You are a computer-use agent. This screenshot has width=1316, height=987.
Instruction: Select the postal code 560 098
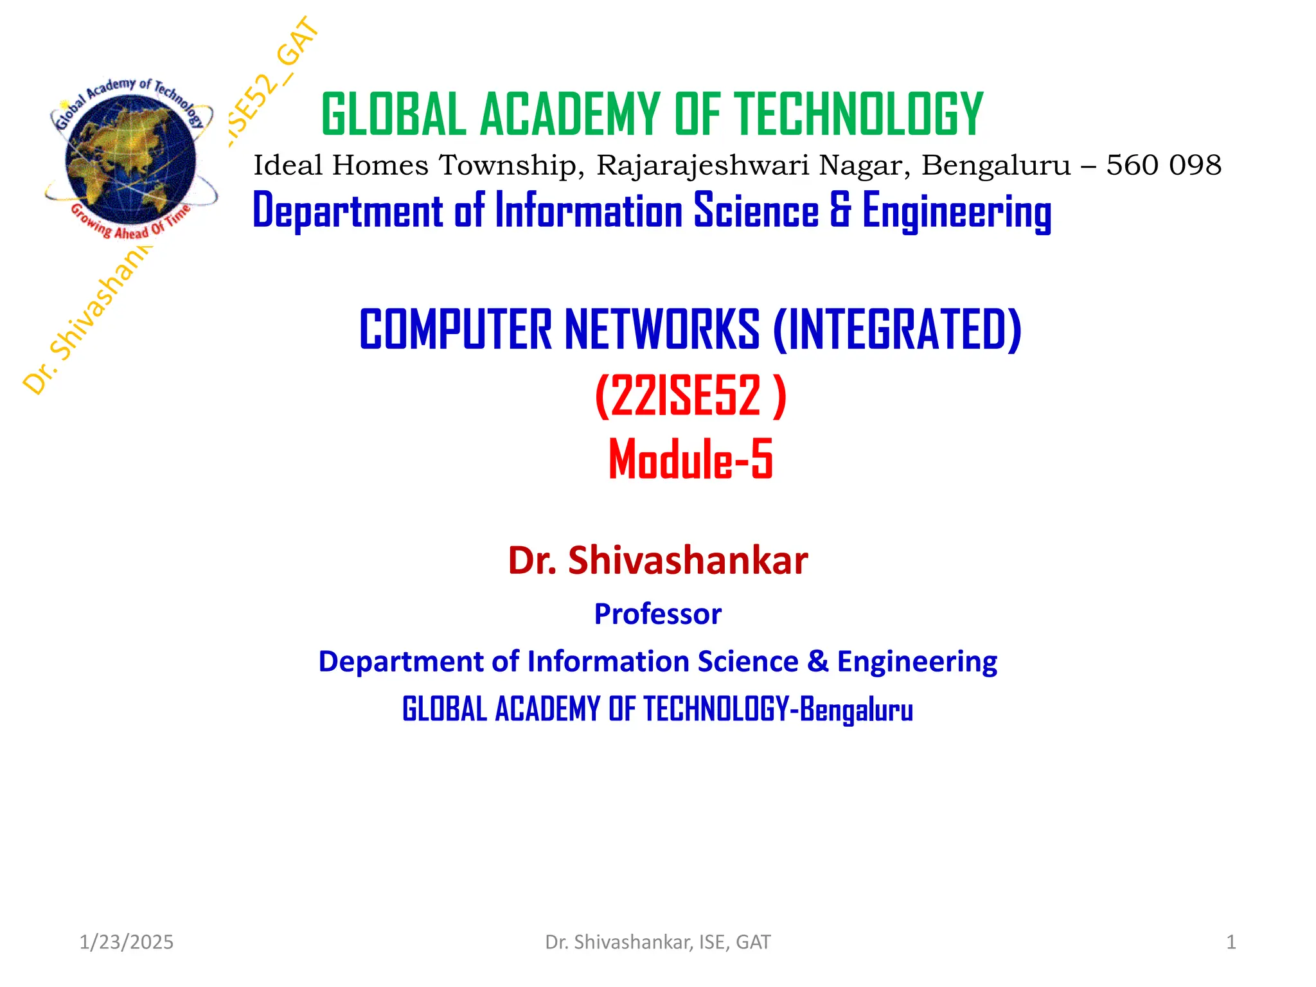click(x=1163, y=165)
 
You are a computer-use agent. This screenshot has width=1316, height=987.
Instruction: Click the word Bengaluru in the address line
click(x=996, y=165)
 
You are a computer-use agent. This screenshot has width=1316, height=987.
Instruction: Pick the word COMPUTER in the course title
click(x=455, y=330)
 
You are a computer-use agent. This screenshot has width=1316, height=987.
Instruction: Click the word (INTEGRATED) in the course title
click(x=897, y=330)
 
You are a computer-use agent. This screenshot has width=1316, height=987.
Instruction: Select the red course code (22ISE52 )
click(x=691, y=396)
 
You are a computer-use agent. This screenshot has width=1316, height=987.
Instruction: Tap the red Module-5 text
click(x=691, y=459)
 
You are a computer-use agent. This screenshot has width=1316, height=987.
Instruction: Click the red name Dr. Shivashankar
click(x=657, y=560)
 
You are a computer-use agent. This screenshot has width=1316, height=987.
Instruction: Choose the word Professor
click(x=657, y=614)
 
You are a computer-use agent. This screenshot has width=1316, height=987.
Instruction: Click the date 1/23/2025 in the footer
click(x=126, y=942)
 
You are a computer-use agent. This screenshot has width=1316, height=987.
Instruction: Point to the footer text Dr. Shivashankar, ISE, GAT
click(x=657, y=942)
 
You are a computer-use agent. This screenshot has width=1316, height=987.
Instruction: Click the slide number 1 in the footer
click(x=1231, y=942)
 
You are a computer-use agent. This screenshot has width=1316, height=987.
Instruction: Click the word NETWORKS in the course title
click(x=662, y=330)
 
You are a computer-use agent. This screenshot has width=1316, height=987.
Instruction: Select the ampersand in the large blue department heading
click(x=840, y=211)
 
